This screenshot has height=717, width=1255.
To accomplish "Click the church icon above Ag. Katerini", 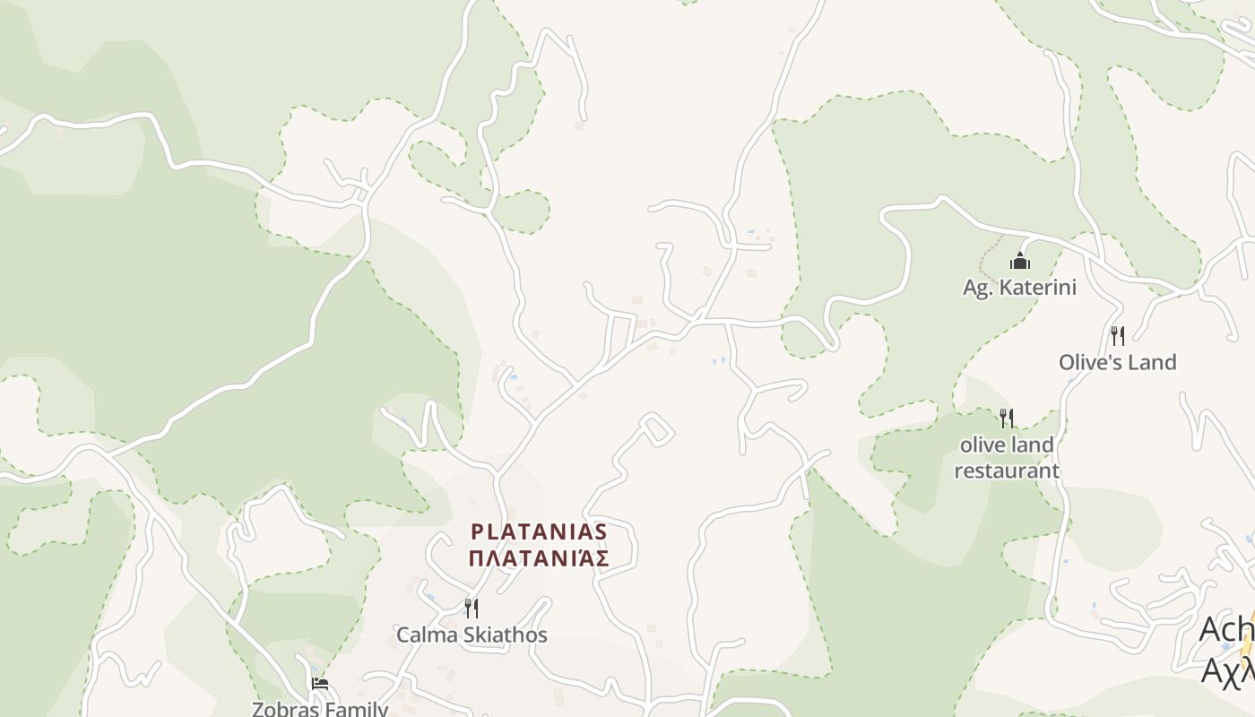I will pos(1019,262).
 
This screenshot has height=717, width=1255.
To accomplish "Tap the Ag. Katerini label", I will pos(1019,288).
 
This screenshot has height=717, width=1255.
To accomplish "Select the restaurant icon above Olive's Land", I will pos(1117,336).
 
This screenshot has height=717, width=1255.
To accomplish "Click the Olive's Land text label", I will pos(1117,362).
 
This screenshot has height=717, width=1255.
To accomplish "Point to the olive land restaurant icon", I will pos(1007,418).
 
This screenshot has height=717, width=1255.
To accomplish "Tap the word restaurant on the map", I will pos(1007,471).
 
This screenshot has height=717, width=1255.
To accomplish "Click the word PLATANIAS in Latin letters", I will pos(539,531).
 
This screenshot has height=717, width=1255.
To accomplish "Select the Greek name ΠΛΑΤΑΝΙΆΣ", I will pos(539,558).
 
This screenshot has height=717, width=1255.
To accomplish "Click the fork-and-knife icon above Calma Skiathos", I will pos(471,609).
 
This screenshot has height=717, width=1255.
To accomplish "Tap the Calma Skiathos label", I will pos(472,635).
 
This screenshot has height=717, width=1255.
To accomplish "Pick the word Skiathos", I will pos(506,635).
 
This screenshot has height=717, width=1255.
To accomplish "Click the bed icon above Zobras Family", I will pos(319,684).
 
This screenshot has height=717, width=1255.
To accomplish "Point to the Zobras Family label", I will pos(320,709).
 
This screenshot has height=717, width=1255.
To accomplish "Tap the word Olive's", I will pos(1089,362).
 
